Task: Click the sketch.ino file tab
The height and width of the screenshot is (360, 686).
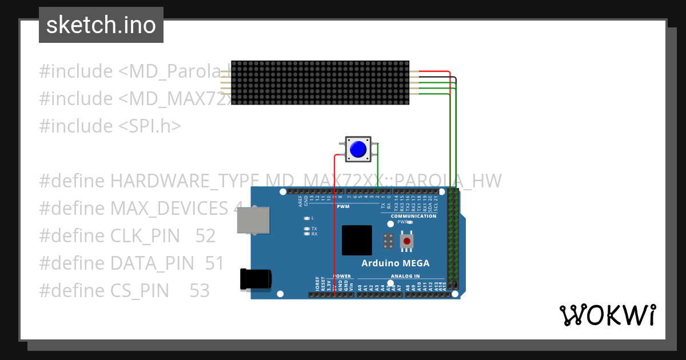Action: click(101, 25)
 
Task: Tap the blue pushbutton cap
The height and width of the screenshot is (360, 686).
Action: click(358, 149)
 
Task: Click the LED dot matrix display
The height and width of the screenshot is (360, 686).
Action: click(320, 83)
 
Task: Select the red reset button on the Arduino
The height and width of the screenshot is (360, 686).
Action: click(407, 241)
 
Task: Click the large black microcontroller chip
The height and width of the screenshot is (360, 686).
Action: click(357, 240)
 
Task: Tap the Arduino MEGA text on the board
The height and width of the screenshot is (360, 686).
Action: click(395, 263)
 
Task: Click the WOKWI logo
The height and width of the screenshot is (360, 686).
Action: click(607, 315)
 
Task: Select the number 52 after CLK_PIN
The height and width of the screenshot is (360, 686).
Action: click(205, 236)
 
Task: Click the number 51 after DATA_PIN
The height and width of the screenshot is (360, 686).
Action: click(214, 263)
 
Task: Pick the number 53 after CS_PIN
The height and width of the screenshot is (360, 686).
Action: click(200, 291)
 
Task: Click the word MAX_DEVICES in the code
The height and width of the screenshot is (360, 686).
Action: click(169, 209)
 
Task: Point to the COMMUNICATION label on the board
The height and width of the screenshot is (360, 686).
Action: click(413, 216)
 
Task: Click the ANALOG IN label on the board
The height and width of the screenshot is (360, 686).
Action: click(405, 276)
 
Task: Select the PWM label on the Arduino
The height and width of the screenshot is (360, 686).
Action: click(343, 206)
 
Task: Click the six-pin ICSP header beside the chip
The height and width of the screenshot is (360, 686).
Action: click(388, 241)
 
